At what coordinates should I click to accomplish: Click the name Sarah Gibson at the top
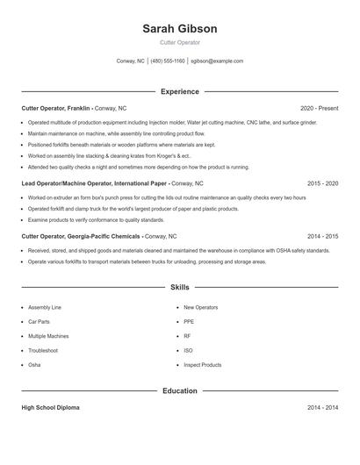point(179,29)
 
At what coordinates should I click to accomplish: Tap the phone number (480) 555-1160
point(168,61)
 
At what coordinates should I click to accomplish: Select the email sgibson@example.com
point(217,61)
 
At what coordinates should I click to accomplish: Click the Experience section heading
point(179,91)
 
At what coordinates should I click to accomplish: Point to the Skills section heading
point(179,287)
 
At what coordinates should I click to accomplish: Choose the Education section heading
point(179,390)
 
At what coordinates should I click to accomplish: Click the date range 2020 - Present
point(319,108)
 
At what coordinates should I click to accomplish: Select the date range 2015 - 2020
point(322,184)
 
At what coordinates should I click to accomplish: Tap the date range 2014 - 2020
point(322,236)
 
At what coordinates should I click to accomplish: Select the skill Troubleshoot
point(43,350)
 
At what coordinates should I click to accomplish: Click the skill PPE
point(188,322)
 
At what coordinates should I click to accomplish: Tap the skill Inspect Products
point(202,364)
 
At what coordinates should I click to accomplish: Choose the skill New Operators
point(200,308)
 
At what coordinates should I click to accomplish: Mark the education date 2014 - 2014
point(322,408)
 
